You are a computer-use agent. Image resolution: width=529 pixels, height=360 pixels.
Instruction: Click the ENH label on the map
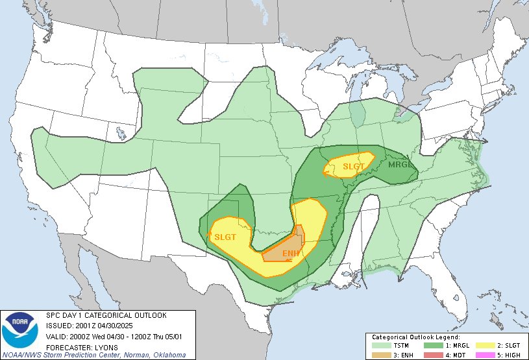tap(291, 253)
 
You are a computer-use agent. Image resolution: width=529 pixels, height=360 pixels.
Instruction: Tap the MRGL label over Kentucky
tap(400, 164)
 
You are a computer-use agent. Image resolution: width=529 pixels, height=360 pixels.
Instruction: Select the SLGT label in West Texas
tap(225, 237)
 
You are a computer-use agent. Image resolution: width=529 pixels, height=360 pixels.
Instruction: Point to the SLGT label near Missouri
tap(354, 166)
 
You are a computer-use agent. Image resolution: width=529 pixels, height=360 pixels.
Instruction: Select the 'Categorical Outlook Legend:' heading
tap(415, 337)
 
